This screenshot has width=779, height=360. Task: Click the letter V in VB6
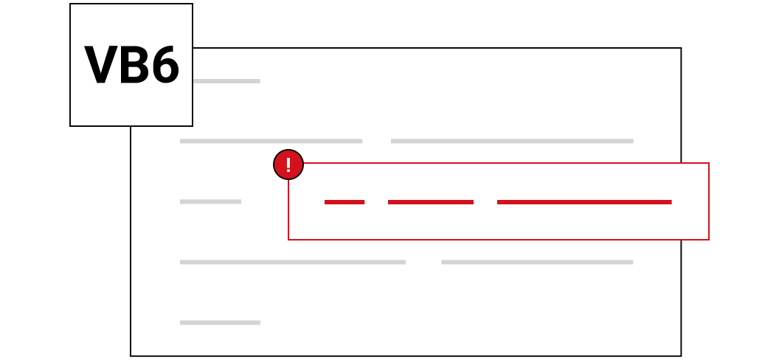click(101, 65)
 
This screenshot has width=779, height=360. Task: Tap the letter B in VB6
click(134, 65)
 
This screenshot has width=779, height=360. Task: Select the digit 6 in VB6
click(165, 65)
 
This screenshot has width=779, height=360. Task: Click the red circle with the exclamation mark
click(288, 165)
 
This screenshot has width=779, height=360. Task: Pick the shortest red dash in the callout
click(345, 202)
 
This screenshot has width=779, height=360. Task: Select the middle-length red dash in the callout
click(431, 202)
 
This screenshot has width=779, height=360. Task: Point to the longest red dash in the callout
click(584, 202)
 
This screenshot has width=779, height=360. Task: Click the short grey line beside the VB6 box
click(226, 81)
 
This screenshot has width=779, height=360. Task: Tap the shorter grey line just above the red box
click(271, 141)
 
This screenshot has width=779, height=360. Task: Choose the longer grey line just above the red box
click(512, 141)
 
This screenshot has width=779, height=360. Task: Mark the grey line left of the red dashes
click(210, 201)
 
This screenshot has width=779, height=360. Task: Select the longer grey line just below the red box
click(293, 262)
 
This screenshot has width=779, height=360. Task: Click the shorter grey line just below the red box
click(537, 262)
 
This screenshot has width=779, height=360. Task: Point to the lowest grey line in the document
click(220, 323)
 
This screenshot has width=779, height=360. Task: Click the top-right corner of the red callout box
click(708, 163)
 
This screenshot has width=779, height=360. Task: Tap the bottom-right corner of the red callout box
click(708, 239)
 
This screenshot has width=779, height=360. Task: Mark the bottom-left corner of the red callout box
click(288, 239)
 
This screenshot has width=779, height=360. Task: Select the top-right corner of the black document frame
click(681, 48)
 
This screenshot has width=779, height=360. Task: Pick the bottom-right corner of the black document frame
click(681, 356)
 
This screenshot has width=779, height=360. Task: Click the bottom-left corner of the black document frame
click(131, 356)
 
